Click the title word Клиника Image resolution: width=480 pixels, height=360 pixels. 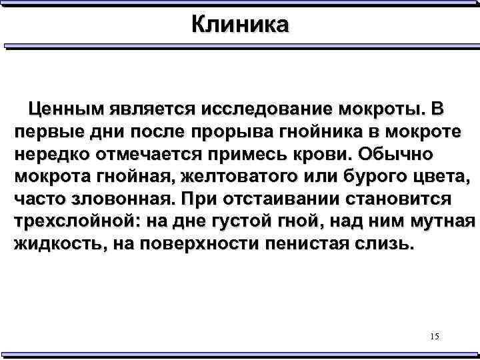240,25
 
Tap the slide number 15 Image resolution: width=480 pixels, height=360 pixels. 435,337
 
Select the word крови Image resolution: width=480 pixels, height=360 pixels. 322,155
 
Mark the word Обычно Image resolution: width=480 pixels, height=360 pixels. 396,155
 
